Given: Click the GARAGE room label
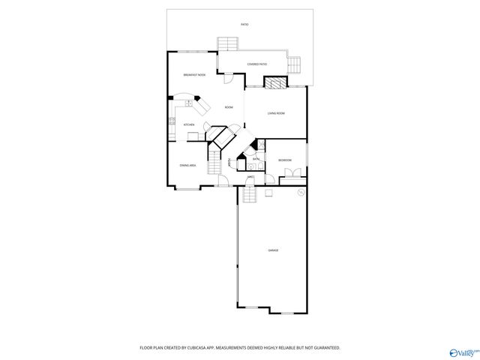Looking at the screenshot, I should (273, 250).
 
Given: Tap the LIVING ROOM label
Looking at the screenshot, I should (276, 113).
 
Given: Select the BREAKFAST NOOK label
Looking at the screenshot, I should (194, 75).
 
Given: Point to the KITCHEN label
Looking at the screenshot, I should (190, 124).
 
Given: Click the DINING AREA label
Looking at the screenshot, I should (187, 165).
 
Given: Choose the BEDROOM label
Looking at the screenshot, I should (285, 160).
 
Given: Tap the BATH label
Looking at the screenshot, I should (256, 159).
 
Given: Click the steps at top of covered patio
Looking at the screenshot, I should (227, 44).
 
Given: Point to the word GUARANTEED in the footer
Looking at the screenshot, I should (324, 348).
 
